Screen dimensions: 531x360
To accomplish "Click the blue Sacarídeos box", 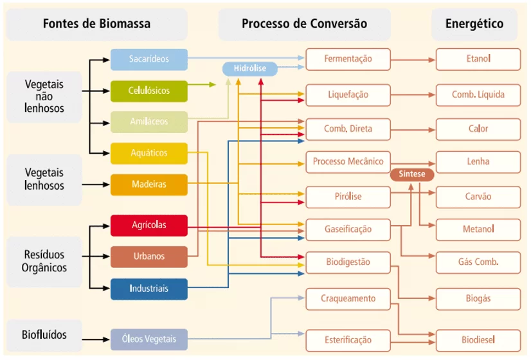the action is coord(149,59).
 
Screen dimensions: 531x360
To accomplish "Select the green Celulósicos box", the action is coord(149,91).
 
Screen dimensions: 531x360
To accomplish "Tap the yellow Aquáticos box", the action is coord(149,153).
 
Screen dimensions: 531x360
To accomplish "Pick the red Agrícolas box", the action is coord(149,225).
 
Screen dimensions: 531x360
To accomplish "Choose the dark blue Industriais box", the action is coord(149,289).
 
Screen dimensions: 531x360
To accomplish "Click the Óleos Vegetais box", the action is coord(149,339).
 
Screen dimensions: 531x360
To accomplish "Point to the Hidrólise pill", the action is coord(250,69).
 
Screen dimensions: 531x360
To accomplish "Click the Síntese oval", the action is coord(412,174).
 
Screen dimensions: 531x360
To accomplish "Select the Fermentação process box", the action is coord(348,59).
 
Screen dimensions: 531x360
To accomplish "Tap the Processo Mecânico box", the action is coord(348,162).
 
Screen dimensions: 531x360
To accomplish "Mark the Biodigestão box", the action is coord(348,262).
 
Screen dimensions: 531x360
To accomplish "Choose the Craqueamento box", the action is coord(348,299).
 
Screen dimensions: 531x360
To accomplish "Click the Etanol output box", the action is coord(478,59).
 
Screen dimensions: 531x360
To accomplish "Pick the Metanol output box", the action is coord(478,230).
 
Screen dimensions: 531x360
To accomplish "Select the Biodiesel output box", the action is coord(478,340).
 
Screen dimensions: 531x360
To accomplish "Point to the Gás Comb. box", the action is coord(478,262).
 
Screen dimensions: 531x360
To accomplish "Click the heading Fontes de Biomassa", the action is coord(96,24).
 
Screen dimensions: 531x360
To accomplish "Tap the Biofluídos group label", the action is coord(44,335).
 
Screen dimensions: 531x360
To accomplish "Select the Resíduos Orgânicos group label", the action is coord(44,262).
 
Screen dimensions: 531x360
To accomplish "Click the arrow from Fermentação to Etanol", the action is coord(413,60).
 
